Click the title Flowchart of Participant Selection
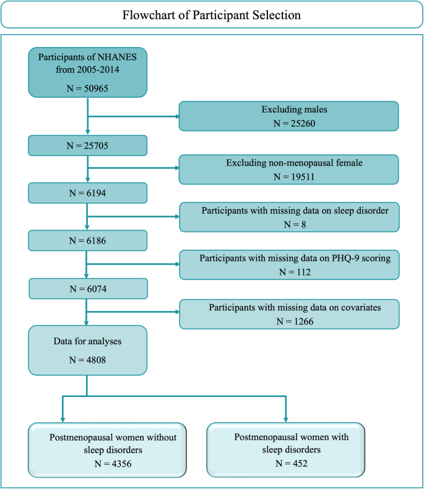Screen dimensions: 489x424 point(212,15)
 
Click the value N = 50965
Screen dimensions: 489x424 point(87,88)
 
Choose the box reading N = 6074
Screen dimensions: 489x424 point(87,288)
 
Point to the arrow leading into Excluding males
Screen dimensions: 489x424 point(133,116)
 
